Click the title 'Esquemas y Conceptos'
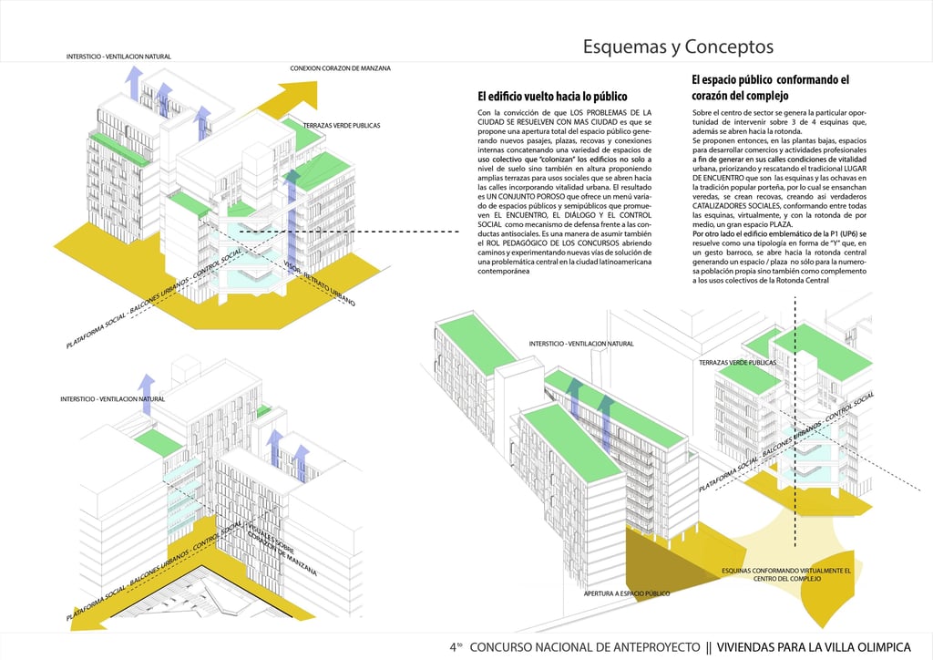tap(678, 46)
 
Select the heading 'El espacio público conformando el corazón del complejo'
tap(770, 87)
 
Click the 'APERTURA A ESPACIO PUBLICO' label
tap(627, 593)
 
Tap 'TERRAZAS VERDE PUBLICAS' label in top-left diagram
tap(342, 125)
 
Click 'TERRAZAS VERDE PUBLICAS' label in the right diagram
tap(738, 362)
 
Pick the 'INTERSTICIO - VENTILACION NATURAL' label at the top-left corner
tap(118, 57)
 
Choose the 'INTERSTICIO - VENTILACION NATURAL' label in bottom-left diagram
tap(113, 399)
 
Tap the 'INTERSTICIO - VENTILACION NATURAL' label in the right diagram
tap(580, 344)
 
